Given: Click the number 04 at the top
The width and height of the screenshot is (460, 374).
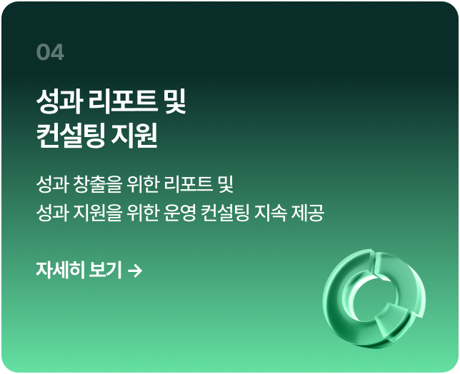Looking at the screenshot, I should pos(49,53).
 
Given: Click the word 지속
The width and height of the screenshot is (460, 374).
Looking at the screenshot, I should pos(272,213).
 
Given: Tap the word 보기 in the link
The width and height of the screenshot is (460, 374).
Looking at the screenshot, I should pos(104,271).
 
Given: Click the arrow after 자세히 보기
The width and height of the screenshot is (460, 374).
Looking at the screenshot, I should pos(134,271).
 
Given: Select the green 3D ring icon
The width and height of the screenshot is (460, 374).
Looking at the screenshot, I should pos(374,298).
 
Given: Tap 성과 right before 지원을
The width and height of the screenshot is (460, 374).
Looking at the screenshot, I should pos(51,213).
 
